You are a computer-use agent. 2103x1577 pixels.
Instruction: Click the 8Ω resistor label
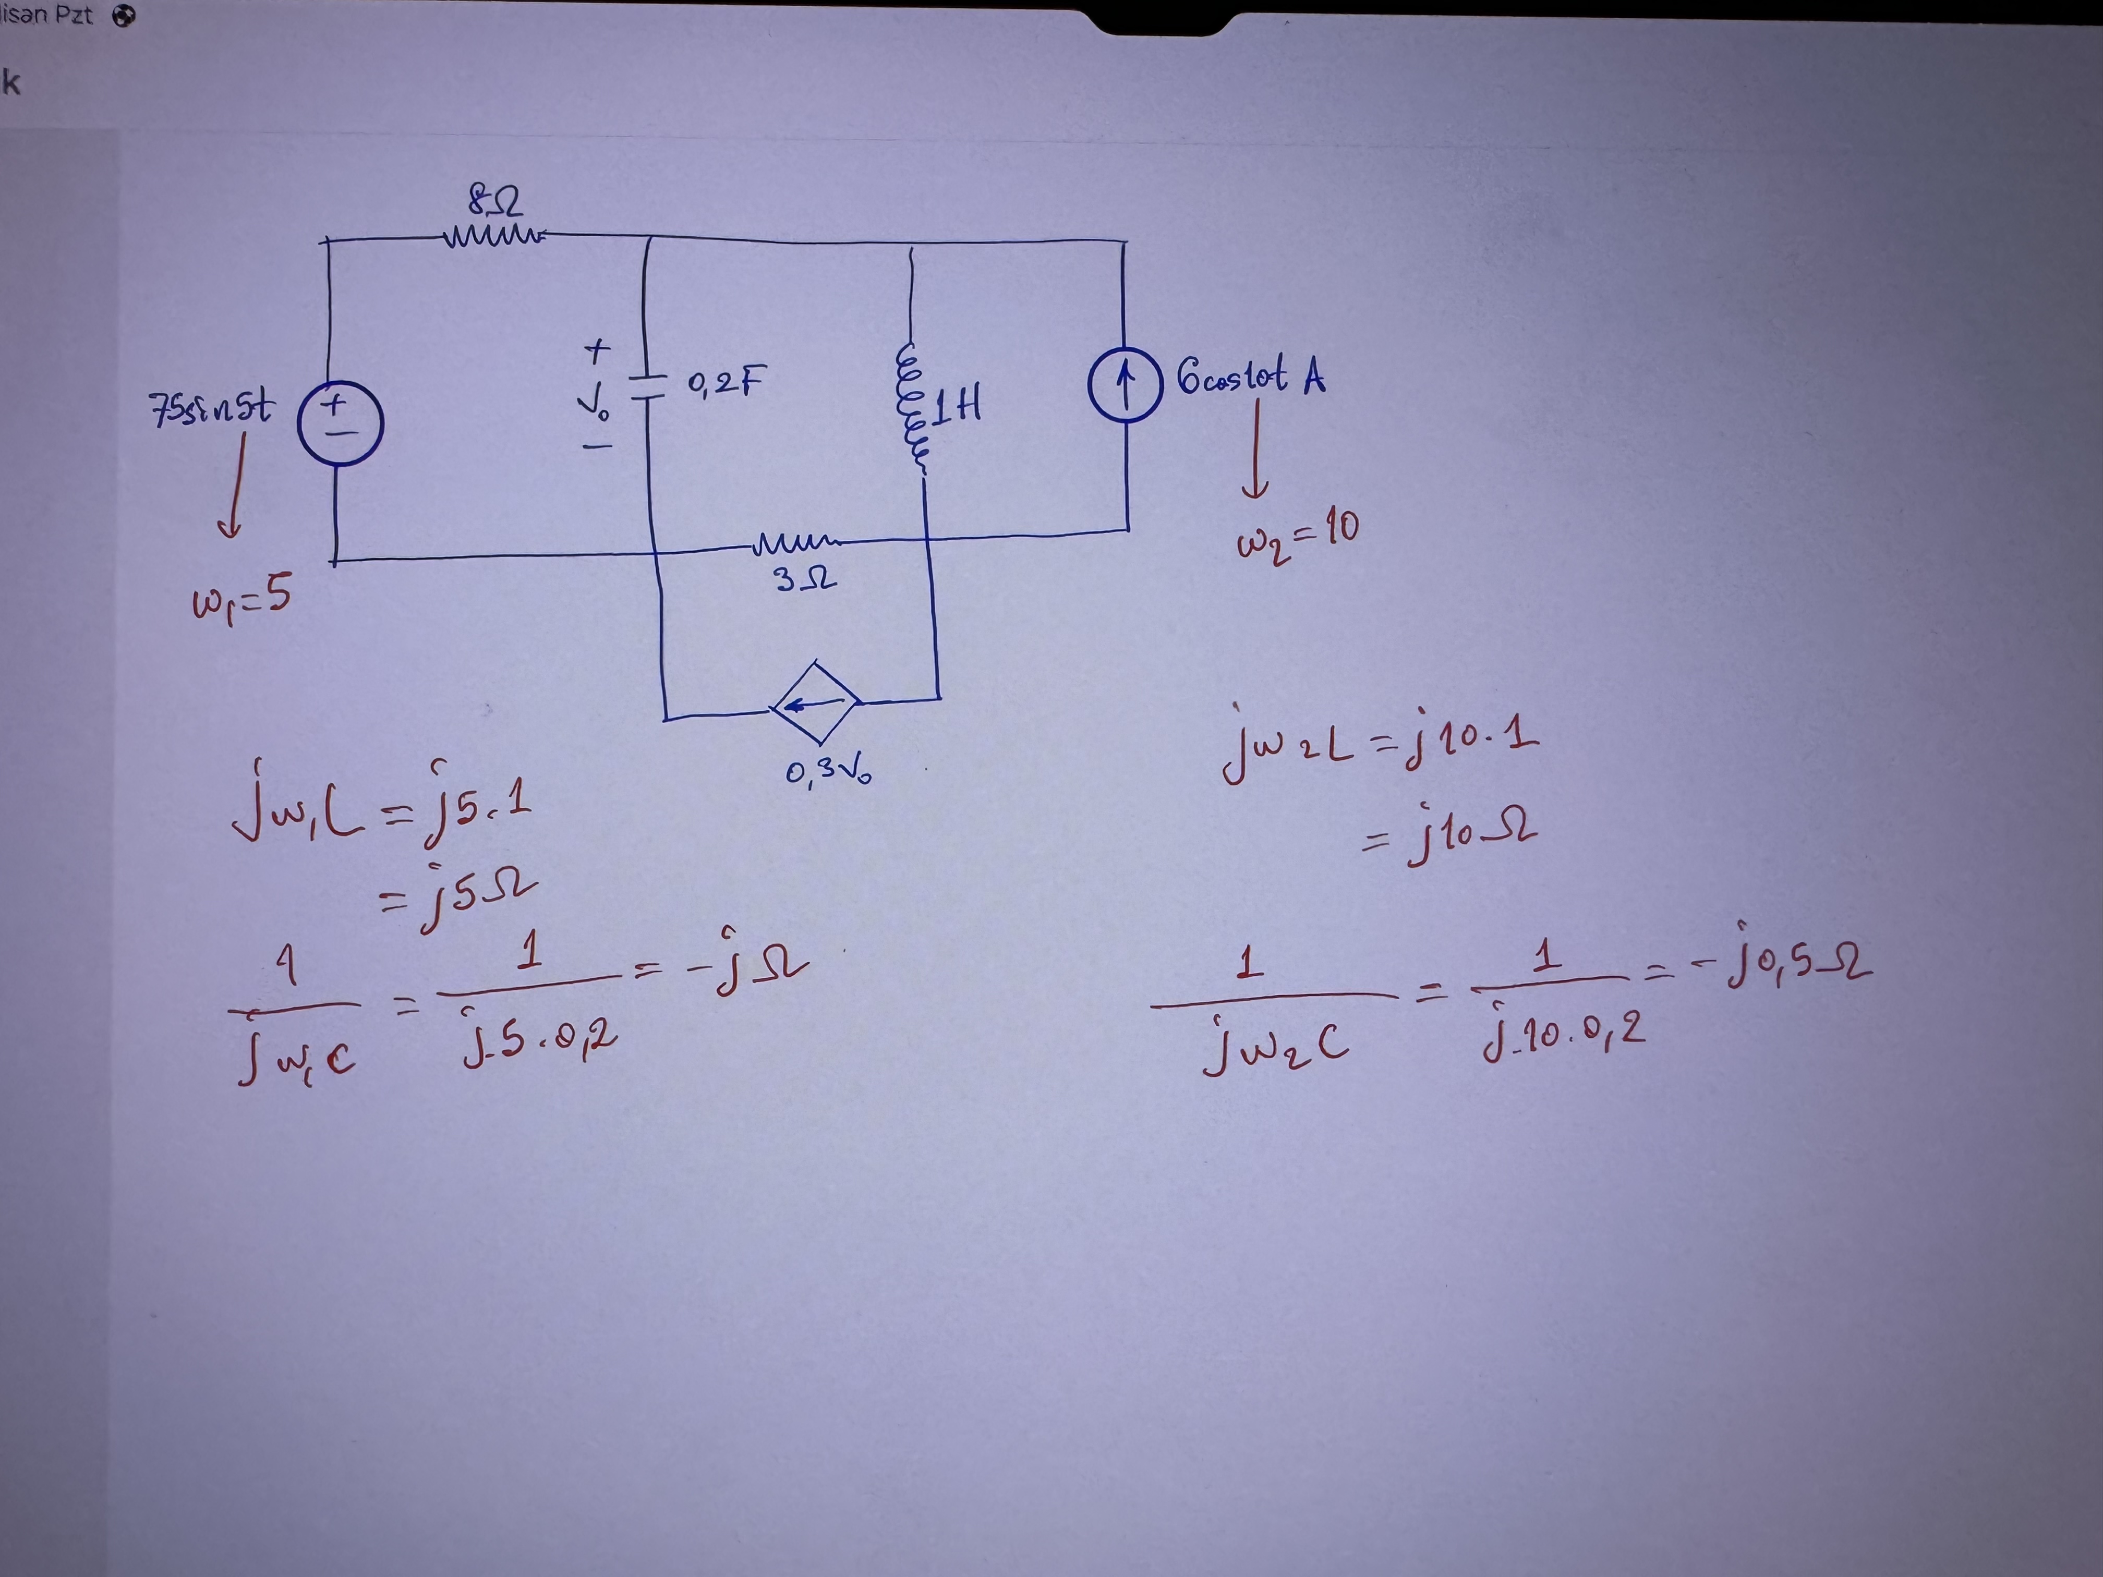pos(493,201)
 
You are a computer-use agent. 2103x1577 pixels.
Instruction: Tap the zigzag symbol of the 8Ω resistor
pos(493,235)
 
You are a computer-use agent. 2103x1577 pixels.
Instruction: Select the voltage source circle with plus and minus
pos(340,422)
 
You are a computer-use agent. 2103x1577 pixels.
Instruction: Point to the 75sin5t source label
pos(212,409)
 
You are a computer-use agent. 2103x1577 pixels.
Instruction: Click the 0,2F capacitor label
pos(726,383)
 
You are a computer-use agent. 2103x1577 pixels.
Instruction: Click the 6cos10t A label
pos(1250,377)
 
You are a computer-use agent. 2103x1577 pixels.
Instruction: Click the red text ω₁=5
pos(241,599)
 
